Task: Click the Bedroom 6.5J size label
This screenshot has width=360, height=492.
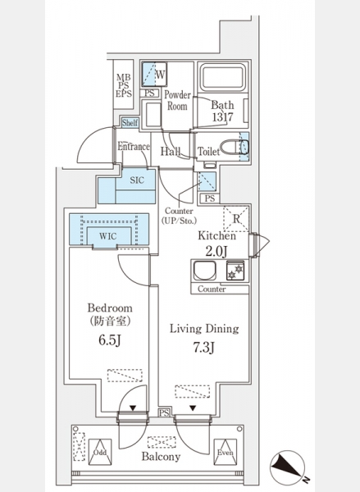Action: click(110, 339)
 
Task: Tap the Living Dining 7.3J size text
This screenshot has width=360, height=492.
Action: click(203, 348)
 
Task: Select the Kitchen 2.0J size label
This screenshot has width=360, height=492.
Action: click(216, 252)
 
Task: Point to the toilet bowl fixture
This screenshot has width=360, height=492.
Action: click(235, 147)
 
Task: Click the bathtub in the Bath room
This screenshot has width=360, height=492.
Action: click(223, 77)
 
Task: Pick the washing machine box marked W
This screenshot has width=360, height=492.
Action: click(154, 74)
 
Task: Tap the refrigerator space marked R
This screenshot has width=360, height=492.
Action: click(236, 219)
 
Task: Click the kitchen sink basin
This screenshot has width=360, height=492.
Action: click(205, 270)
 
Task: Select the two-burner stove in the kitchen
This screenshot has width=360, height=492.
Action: click(235, 271)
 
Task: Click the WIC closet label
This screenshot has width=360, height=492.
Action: click(108, 236)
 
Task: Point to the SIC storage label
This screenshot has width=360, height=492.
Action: click(137, 180)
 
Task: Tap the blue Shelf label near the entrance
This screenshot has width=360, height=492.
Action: click(130, 123)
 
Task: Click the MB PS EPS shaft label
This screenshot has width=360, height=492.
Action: click(124, 85)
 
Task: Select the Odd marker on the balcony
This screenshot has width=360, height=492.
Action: click(100, 453)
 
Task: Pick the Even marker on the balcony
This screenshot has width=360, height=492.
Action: click(226, 452)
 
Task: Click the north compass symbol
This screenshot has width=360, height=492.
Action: click(288, 467)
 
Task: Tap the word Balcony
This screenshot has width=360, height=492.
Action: click(161, 457)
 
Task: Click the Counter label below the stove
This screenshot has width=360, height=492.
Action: click(212, 289)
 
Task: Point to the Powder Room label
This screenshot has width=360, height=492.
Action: click(177, 100)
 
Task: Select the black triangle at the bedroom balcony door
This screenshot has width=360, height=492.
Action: click(133, 408)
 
